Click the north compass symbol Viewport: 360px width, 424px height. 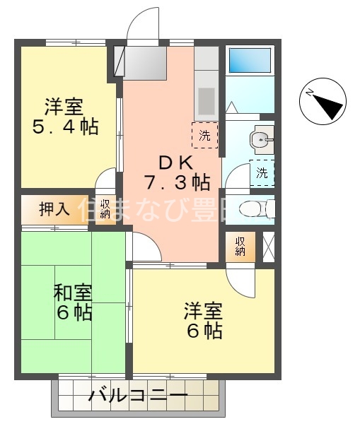[x=324, y=104]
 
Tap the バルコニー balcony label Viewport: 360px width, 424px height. [x=138, y=396]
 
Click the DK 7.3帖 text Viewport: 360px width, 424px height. [x=176, y=172]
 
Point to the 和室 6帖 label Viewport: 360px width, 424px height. [x=73, y=302]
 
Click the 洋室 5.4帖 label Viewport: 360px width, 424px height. [x=64, y=117]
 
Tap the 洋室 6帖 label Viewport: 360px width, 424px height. [x=204, y=320]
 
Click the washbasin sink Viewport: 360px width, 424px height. [x=262, y=140]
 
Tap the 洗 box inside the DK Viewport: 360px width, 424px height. [x=204, y=136]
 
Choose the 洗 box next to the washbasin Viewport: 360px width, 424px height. [x=262, y=172]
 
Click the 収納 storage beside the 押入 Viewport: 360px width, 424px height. [x=105, y=209]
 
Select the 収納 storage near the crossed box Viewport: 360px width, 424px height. [x=240, y=246]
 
